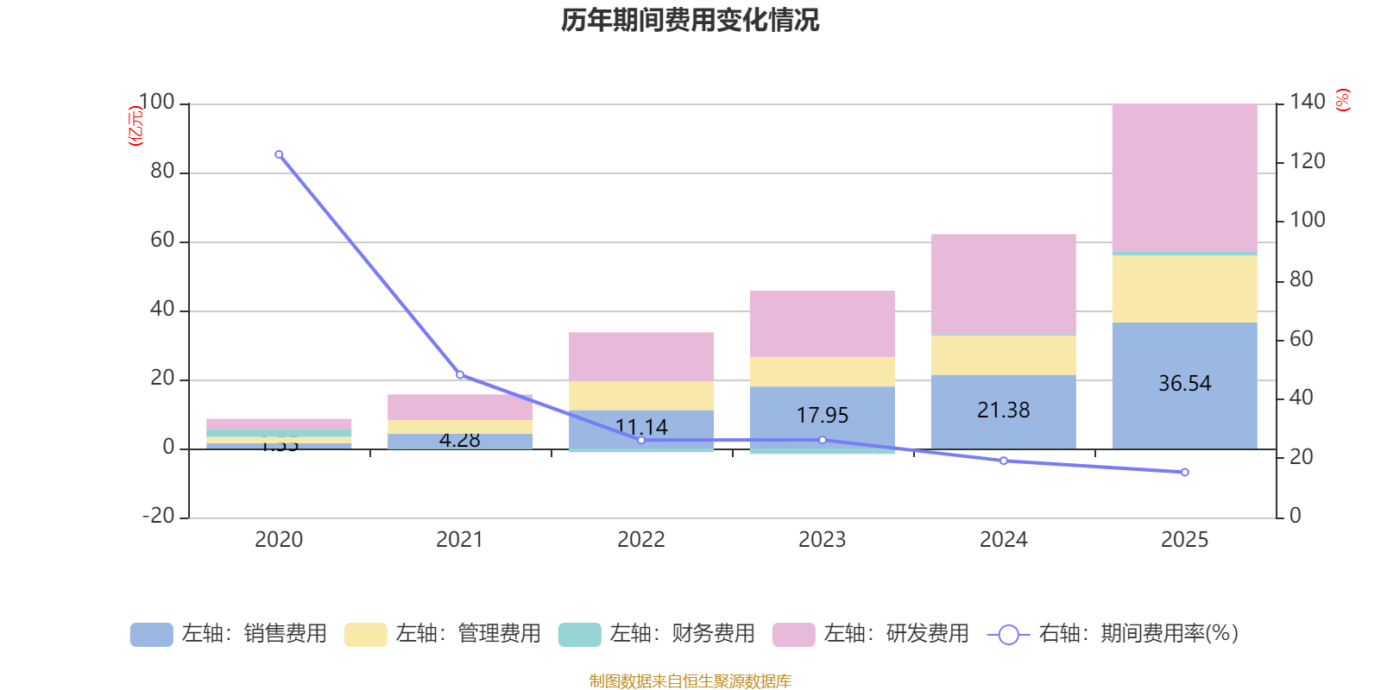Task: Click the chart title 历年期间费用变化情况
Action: [x=690, y=20]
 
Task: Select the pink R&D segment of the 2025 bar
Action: [x=1184, y=177]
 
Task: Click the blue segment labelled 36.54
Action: [x=1184, y=385]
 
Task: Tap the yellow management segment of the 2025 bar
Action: [x=1184, y=289]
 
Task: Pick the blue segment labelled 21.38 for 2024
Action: [x=1003, y=411]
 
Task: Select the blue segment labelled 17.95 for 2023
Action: [x=822, y=417]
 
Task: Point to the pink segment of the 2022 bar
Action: [x=641, y=356]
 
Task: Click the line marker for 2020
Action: [x=279, y=154]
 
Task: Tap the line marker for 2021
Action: [x=460, y=374]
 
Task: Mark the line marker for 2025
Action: [x=1184, y=473]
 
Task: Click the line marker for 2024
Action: [x=1003, y=461]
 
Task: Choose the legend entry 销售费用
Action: [x=230, y=634]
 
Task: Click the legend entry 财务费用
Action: [x=658, y=634]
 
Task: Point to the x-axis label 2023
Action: [x=822, y=540]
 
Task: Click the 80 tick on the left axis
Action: [x=162, y=172]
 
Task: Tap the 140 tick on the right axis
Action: [x=1308, y=102]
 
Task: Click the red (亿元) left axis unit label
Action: [x=135, y=126]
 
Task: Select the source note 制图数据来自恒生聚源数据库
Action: [x=690, y=681]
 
